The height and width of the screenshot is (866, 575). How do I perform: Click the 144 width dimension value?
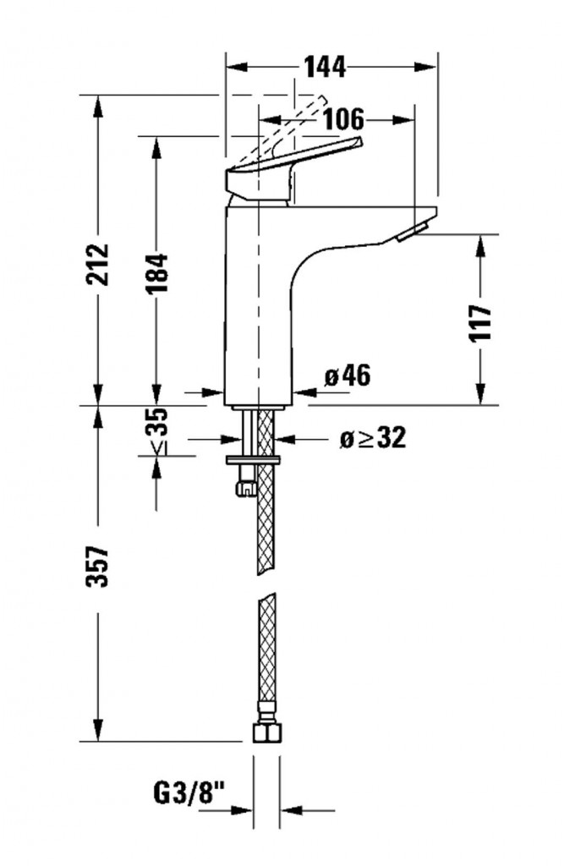coord(326,68)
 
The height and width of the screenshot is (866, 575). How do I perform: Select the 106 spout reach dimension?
coord(343,119)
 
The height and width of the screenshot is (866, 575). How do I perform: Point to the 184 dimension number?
coord(156,274)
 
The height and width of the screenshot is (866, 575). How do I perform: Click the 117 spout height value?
coord(480,323)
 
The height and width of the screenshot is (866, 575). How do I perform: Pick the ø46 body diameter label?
coord(348,376)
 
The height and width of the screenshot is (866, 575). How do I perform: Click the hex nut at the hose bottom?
coord(267,732)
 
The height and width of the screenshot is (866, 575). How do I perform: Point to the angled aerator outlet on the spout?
coord(411,232)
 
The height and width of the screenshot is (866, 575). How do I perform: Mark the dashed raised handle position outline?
coord(282,132)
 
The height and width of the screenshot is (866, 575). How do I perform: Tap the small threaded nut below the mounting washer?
coord(245,487)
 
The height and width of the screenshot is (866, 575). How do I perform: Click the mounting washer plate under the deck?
coord(252,460)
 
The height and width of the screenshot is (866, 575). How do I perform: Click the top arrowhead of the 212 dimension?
coord(98,106)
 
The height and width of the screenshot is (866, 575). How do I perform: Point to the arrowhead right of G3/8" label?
coord(293,811)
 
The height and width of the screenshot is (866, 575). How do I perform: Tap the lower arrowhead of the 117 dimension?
coord(481,394)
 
